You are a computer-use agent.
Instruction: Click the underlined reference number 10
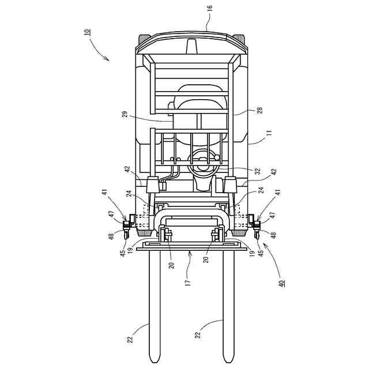pos(87,32)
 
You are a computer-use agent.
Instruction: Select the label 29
pos(125,115)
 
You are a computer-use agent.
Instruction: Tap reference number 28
pos(260,110)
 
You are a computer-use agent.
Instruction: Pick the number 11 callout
pos(270,133)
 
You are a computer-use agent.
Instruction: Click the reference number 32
pos(258,171)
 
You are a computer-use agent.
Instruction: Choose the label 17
pos(187,283)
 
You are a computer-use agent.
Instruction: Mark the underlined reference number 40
pos(281,283)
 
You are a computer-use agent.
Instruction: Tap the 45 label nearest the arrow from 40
pos(261,253)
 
